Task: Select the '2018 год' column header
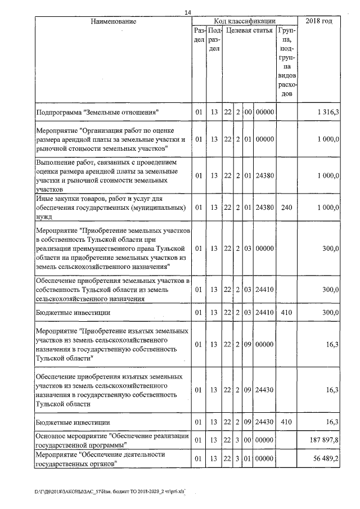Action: coord(318,21)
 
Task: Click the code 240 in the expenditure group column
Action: coord(287,208)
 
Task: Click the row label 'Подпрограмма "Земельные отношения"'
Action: coord(97,112)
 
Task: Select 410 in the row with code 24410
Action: coord(287,312)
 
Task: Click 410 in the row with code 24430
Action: coord(287,421)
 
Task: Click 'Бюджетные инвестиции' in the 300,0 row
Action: coord(73,312)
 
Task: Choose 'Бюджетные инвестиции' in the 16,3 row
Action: coord(73,421)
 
